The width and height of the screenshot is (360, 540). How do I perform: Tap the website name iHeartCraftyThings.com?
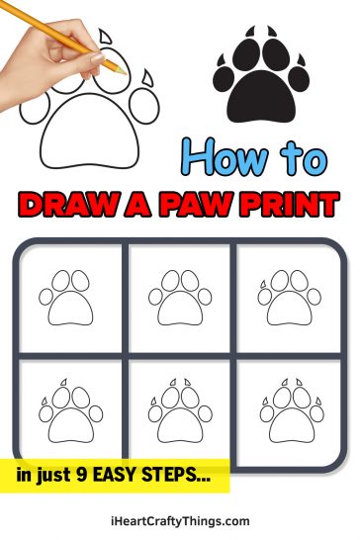(180, 520)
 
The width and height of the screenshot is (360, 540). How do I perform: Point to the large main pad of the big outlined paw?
(89, 139)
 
